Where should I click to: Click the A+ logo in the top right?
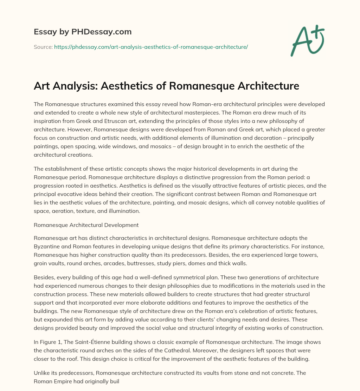(x=307, y=41)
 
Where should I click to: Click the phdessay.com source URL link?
(x=151, y=47)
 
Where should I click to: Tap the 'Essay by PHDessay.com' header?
(x=83, y=32)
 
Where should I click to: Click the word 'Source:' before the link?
(x=43, y=47)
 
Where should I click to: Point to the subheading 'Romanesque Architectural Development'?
(x=86, y=225)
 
